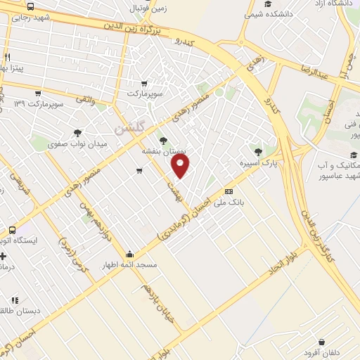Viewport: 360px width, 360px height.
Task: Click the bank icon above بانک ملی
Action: pyautogui.click(x=229, y=191)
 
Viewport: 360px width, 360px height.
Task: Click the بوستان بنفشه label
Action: pyautogui.click(x=163, y=151)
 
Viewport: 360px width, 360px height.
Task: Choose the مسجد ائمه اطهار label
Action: pyautogui.click(x=130, y=266)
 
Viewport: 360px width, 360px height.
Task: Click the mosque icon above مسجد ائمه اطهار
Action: pyautogui.click(x=129, y=255)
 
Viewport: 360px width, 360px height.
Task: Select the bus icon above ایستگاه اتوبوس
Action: pyautogui.click(x=12, y=230)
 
